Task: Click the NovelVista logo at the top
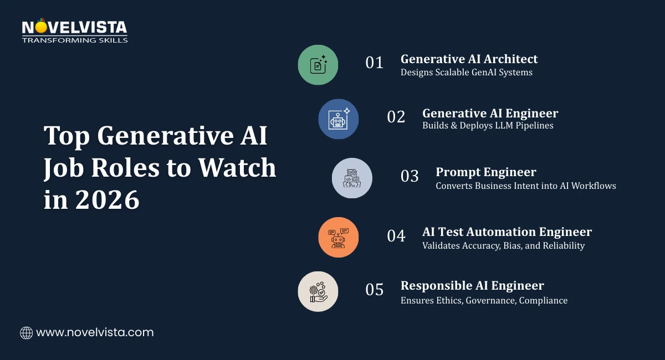click(x=74, y=30)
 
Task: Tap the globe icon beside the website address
click(x=26, y=333)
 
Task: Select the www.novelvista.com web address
click(x=95, y=332)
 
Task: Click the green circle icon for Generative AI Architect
click(x=318, y=65)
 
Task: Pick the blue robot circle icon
click(x=339, y=119)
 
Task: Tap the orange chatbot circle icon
click(x=339, y=237)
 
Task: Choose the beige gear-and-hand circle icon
click(x=318, y=291)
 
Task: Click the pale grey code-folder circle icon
click(x=352, y=178)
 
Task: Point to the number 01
click(x=375, y=63)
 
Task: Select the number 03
click(x=410, y=176)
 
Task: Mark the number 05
click(x=375, y=290)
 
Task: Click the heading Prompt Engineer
click(x=486, y=172)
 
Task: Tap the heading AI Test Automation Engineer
click(x=507, y=232)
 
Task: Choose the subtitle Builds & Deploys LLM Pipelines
click(x=488, y=126)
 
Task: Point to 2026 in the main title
click(x=107, y=199)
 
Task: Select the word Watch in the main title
click(x=237, y=168)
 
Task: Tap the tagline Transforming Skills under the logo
click(x=75, y=40)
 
